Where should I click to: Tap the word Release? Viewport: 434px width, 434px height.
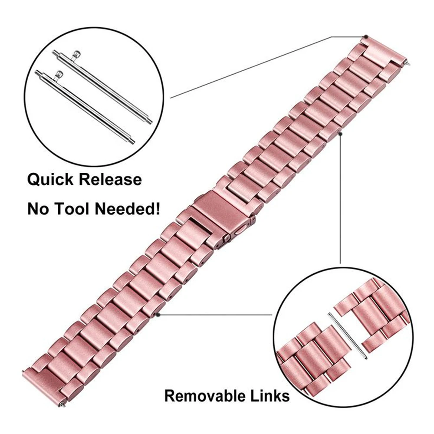click(109, 180)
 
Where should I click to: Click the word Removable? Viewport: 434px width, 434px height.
click(204, 396)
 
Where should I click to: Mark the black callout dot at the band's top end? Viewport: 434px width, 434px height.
click(367, 36)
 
